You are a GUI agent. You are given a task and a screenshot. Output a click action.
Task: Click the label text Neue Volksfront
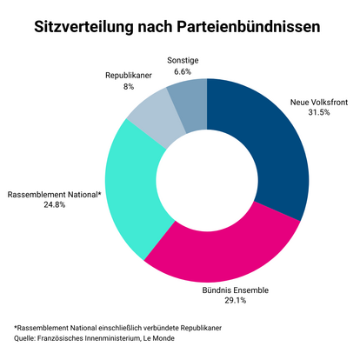318,103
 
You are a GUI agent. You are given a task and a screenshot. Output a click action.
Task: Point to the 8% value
128,87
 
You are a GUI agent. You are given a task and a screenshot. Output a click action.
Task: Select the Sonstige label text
184,59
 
